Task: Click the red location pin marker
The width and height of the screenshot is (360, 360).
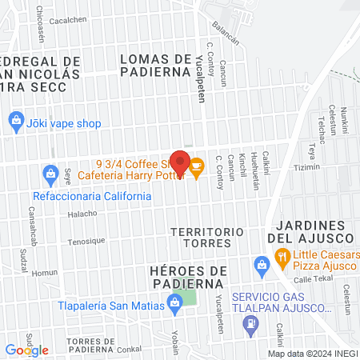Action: [x=180, y=163]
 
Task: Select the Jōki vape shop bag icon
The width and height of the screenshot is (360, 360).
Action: [x=15, y=122]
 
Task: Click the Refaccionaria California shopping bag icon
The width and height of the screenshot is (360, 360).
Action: [x=50, y=173]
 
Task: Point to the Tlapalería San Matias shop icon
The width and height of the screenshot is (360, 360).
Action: [x=174, y=302]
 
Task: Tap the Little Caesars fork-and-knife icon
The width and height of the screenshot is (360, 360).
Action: [x=282, y=258]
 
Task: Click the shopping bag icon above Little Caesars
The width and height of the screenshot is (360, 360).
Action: [x=260, y=264]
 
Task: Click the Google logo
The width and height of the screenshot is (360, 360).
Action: [x=26, y=350]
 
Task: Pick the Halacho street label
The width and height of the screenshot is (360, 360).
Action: [x=82, y=214]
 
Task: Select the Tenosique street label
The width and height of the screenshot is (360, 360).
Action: [x=87, y=241]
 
